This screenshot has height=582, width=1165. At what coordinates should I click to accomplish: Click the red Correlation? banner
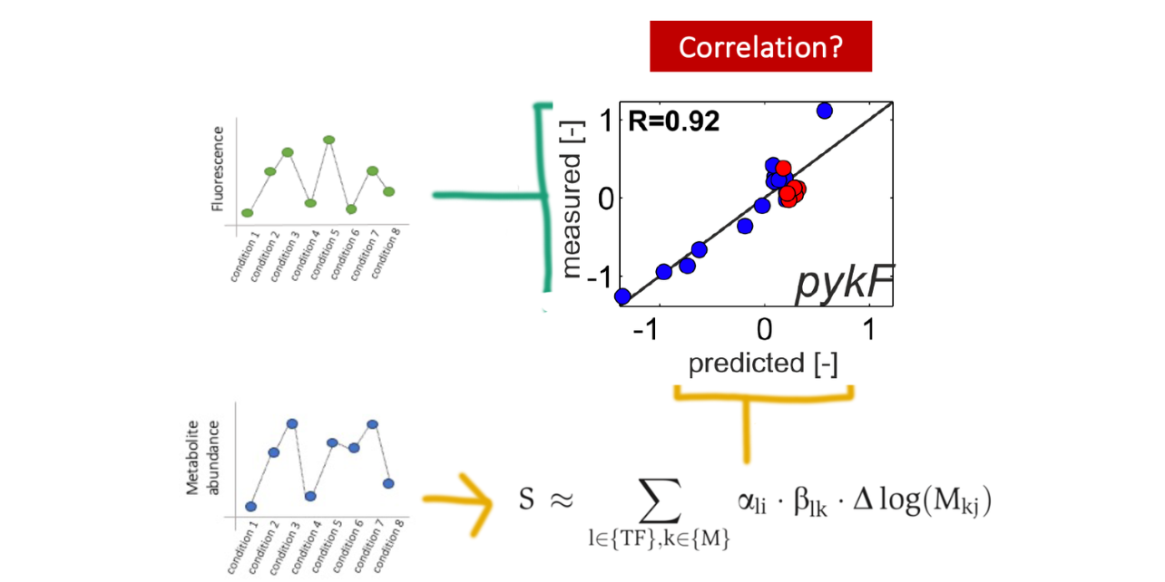(x=760, y=46)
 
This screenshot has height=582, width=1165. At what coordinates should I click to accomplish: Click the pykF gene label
(x=844, y=285)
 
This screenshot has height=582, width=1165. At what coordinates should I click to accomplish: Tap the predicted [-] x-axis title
(x=763, y=364)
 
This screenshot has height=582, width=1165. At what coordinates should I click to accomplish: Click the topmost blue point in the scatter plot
(x=824, y=111)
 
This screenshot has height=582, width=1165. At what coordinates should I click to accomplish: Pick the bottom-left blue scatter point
(x=622, y=296)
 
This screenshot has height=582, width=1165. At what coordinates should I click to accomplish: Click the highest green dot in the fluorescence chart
(x=328, y=140)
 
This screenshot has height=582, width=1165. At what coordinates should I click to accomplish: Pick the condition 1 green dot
(x=247, y=213)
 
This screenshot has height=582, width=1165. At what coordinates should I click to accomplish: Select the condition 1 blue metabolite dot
(x=250, y=507)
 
